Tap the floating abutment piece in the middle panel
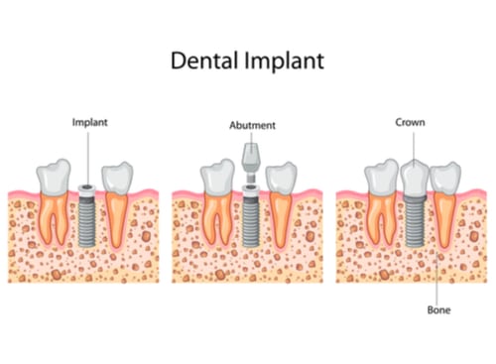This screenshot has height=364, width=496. pos(250,158)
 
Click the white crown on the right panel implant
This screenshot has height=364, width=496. pos(415,177)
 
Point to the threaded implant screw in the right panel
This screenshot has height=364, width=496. pos(415,223)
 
